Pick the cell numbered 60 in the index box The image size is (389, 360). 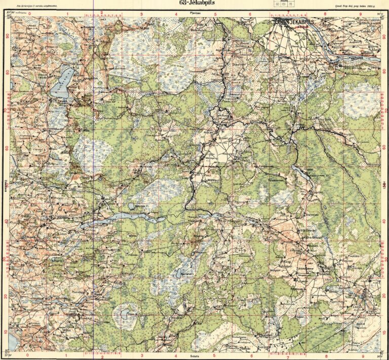tap(277, 4)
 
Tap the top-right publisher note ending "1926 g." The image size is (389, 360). tap(357, 7)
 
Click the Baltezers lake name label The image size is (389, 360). tap(188, 274)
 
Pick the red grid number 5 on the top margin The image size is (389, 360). tap(215, 15)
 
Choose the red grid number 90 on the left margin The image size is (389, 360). tap(7, 36)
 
